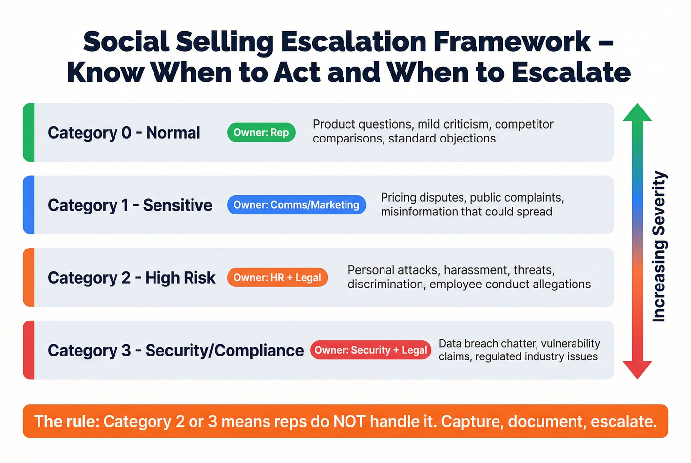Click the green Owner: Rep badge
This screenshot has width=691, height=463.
261,133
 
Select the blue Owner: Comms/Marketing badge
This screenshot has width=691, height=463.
296,205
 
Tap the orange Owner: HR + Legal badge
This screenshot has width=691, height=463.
277,278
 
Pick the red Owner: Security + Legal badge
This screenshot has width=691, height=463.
371,350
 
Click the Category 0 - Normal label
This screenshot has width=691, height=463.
124,133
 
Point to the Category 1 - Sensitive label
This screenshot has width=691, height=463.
130,205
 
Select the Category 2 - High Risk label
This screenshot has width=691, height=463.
131,278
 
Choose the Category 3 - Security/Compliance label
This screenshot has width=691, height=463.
175,350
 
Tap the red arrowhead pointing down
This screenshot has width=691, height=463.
637,369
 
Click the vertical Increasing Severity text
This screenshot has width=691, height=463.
659,247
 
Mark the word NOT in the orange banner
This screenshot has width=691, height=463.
349,422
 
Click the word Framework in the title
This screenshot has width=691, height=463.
512,41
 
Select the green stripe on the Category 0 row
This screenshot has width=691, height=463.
29,132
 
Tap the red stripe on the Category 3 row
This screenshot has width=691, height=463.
29,350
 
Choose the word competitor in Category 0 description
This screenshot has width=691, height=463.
524,124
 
